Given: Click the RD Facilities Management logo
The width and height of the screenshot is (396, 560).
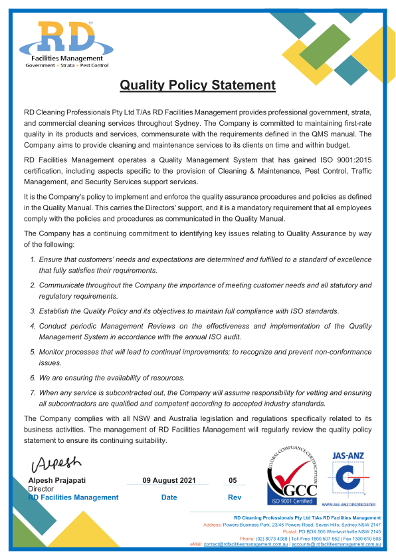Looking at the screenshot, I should pyautogui.click(x=66, y=44).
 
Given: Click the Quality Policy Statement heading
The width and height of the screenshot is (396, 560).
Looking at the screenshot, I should pyautogui.click(x=197, y=85).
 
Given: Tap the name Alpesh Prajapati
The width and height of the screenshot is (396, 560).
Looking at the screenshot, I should pyautogui.click(x=57, y=480).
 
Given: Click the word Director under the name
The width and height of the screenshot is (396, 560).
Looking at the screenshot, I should pyautogui.click(x=41, y=489).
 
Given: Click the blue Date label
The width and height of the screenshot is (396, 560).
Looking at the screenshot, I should pyautogui.click(x=169, y=497).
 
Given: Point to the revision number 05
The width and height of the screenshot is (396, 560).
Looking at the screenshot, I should pyautogui.click(x=233, y=480).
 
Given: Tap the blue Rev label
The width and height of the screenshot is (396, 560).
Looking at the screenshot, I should pyautogui.click(x=234, y=497).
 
